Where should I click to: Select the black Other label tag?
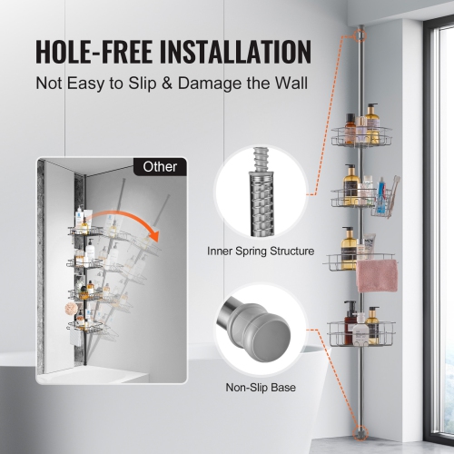(x=161, y=167)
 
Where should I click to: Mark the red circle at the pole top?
(x=361, y=37)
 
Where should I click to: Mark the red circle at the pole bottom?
(x=361, y=431)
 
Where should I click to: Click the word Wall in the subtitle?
(x=290, y=84)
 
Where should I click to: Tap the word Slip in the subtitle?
(x=143, y=84)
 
